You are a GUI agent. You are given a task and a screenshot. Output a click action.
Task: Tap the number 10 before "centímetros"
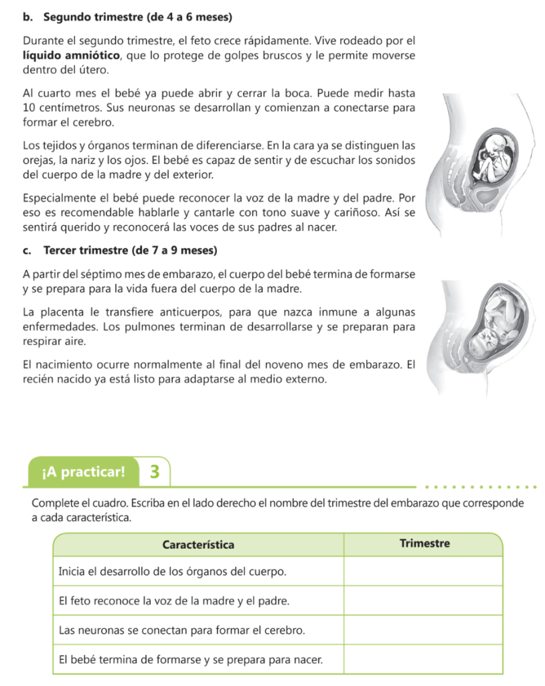[x=28, y=109]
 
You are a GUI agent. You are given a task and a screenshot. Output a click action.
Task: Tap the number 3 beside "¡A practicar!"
[x=155, y=472]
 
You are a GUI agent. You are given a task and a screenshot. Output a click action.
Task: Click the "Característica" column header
[x=198, y=544]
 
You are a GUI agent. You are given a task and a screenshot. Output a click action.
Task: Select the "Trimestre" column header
[x=424, y=543]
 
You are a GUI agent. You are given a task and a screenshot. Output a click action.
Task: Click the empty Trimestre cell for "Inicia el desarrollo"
[x=423, y=572]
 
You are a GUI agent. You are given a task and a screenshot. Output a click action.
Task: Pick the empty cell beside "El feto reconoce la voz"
[x=423, y=601]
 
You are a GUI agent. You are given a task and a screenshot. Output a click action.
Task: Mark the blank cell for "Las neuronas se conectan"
[x=423, y=630]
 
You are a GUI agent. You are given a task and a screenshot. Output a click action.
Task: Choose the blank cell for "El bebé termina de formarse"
[x=423, y=659]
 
